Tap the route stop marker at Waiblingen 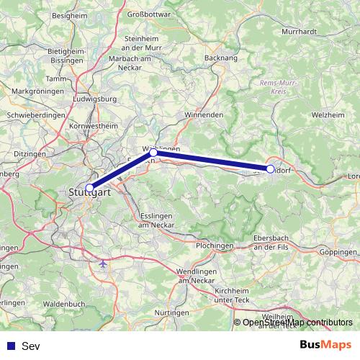pos(153,153)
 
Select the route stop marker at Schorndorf pos(270,169)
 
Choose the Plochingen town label pos(214,246)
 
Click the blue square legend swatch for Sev pos(11,346)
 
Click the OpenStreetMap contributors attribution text pos(297,323)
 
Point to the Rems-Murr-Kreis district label pos(276,87)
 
